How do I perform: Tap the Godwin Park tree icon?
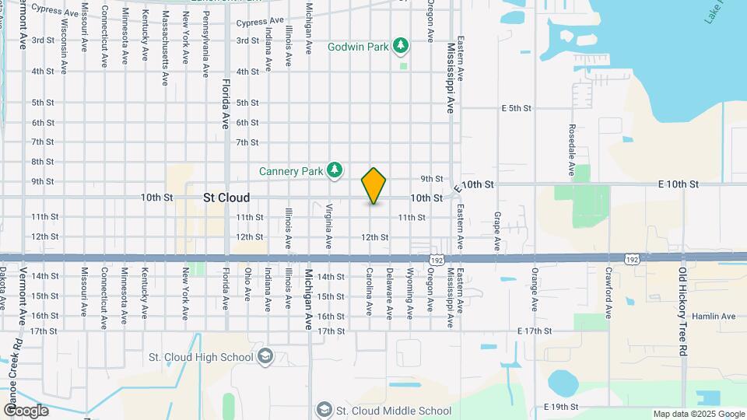[x=402, y=47]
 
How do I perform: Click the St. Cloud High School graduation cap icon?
[x=265, y=357]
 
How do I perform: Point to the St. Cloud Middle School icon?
[x=324, y=410]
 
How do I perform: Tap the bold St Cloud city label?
[x=226, y=198]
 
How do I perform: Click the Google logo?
[x=25, y=411]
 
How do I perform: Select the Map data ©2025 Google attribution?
[x=698, y=414]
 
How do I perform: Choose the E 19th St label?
[x=553, y=407]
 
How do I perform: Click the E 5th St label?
[x=516, y=107]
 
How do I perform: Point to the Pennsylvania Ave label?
[x=205, y=49]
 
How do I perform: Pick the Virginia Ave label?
[x=329, y=226]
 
